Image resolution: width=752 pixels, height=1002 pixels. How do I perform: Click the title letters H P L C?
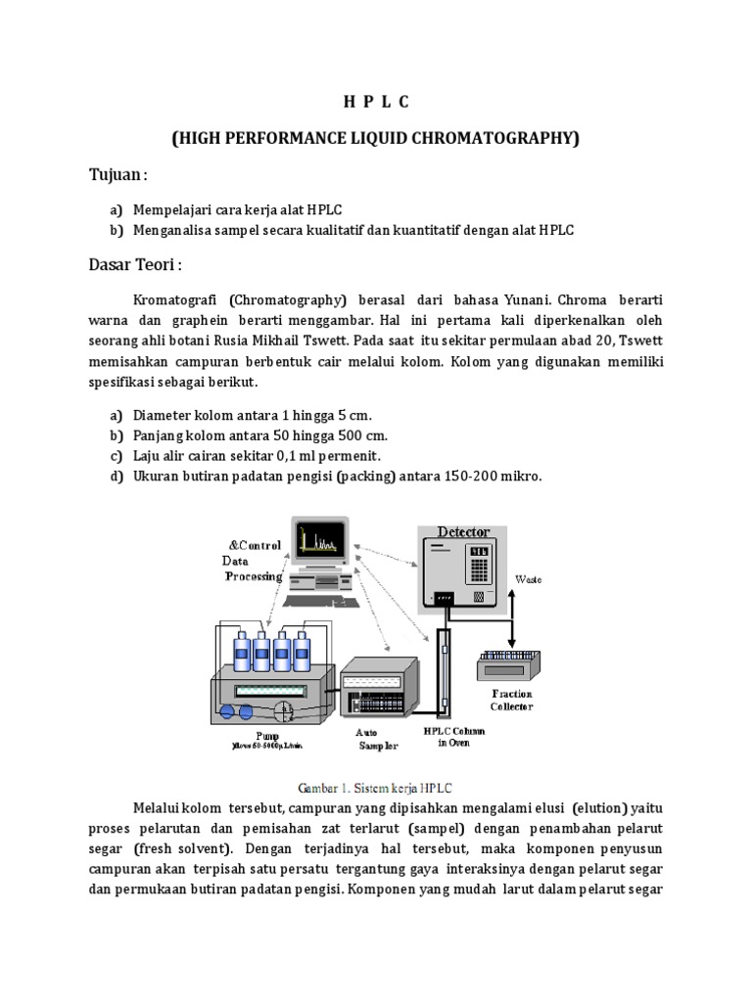[x=376, y=103]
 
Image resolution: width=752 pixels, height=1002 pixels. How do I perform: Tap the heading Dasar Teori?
[x=135, y=266]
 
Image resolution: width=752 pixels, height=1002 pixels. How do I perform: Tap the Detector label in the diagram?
[x=463, y=532]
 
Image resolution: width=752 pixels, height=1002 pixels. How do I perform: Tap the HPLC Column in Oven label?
[x=451, y=736]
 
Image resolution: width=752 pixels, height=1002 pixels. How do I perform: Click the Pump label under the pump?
[x=266, y=736]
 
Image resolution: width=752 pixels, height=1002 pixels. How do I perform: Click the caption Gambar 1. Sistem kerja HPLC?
[x=376, y=787]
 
